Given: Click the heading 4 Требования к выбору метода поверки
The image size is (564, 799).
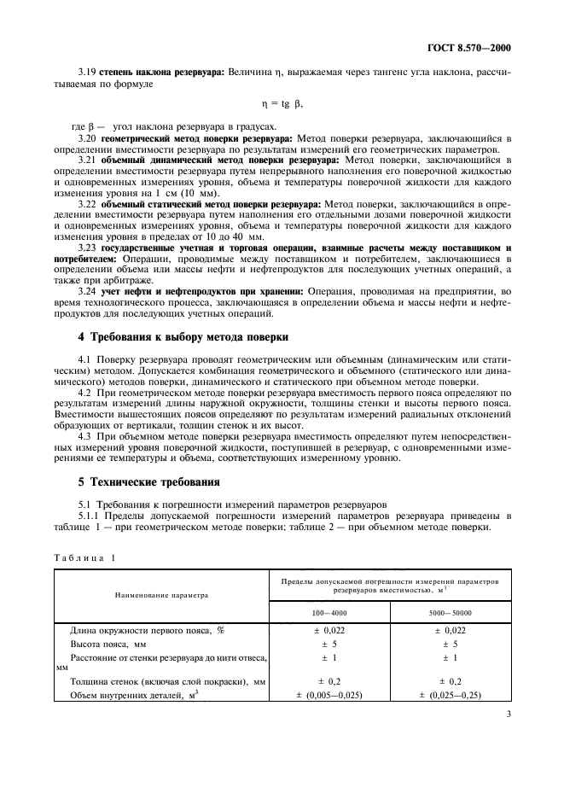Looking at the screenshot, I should [x=184, y=337].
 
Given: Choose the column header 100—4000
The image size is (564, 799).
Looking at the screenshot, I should [x=329, y=613].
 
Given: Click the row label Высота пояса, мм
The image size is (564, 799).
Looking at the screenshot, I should [x=107, y=644].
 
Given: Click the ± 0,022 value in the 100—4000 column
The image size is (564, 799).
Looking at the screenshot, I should [x=329, y=630].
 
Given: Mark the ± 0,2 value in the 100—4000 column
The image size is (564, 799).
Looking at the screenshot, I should [x=329, y=682].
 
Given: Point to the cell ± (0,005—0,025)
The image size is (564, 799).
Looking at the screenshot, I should [x=329, y=696].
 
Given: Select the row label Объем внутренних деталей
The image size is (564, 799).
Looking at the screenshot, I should [x=129, y=696].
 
